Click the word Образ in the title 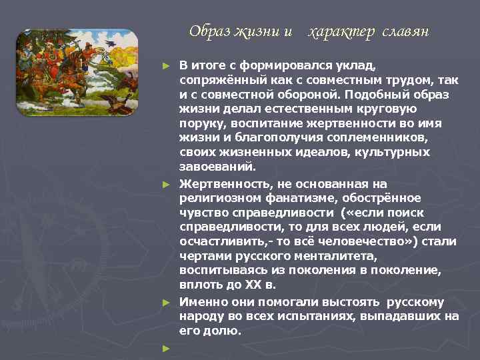pos(207,31)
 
